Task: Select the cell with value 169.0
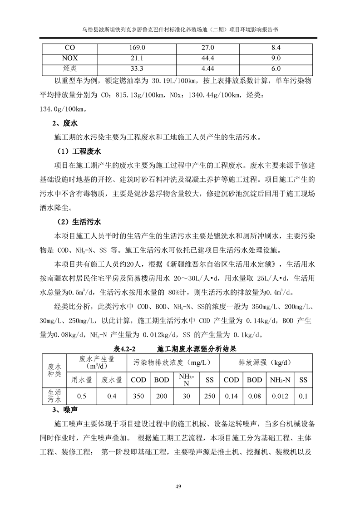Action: (137, 47)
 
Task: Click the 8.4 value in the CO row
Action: (276, 47)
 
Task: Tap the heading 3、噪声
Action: (63, 411)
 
